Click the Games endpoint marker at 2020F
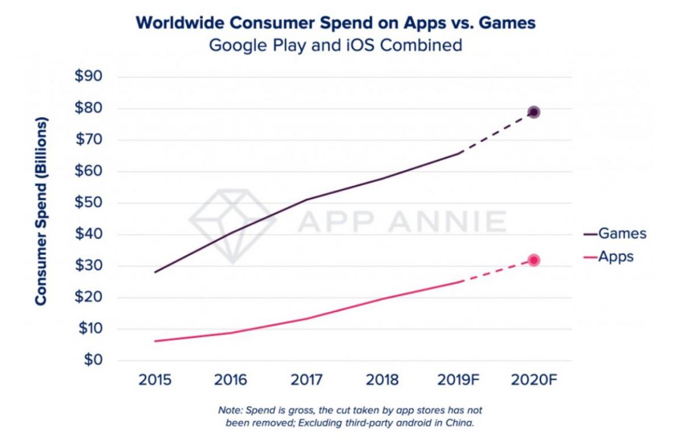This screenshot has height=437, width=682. coord(533,112)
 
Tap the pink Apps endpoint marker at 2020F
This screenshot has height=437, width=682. coord(533,260)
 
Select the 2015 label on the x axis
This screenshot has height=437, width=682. coord(155,380)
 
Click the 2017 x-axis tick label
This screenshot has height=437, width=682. coord(307,380)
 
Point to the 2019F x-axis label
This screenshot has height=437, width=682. coord(458,380)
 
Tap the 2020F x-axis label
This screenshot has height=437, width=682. coord(534,380)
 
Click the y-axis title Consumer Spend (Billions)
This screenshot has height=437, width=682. coord(40,211)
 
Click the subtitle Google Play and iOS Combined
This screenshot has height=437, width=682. coord(335,45)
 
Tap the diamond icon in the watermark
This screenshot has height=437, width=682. coord(234,224)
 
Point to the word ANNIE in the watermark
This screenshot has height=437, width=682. coord(450,222)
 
